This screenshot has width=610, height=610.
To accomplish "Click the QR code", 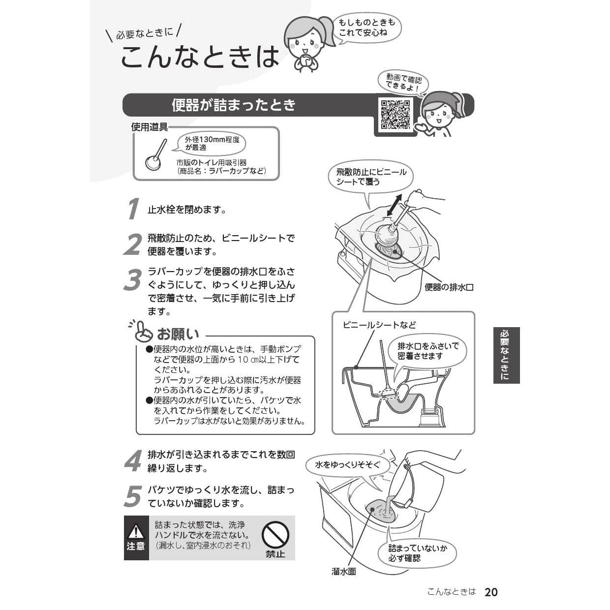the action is tap(396, 115).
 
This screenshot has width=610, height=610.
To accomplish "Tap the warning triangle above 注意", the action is tap(136, 531).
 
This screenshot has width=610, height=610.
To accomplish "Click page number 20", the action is tap(491, 592).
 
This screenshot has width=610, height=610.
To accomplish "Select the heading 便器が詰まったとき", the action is tap(233, 105).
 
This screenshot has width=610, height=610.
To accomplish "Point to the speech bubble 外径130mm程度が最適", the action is tap(209, 143).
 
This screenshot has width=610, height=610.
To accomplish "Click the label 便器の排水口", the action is tap(449, 287).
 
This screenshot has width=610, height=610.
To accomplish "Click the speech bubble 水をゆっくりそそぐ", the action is tap(347, 465).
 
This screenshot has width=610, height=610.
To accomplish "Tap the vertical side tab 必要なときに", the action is tap(506, 355).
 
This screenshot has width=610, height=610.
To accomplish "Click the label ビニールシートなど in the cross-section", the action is tap(379, 325).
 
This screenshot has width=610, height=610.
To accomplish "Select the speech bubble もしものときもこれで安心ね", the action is tap(366, 28).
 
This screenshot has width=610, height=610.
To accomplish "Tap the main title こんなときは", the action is tap(200, 57).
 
